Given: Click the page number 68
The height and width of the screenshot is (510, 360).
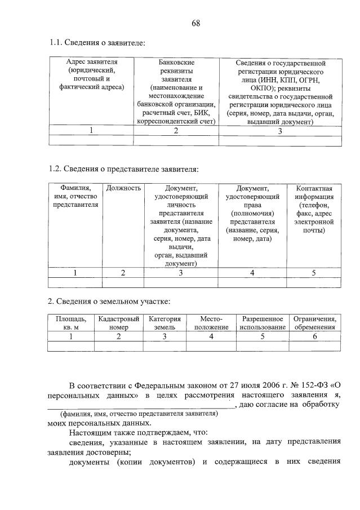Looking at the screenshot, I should pos(195,23).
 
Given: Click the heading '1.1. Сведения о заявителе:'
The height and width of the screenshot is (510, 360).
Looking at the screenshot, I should pos(97,43).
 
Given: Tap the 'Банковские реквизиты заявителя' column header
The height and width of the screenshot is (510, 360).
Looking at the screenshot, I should pos(176,91).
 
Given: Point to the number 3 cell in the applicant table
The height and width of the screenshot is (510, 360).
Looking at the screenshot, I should pos(280,131).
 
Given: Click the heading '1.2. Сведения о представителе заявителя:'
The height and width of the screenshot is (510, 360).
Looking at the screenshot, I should pos(123,168).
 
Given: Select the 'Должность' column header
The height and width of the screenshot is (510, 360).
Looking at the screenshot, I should pos(123,188).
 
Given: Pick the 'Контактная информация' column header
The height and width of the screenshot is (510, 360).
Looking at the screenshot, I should pos(314,209).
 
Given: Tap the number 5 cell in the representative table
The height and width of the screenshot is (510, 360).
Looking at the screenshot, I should pos(314,273).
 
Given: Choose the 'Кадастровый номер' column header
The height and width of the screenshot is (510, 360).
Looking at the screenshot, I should pos(118,322).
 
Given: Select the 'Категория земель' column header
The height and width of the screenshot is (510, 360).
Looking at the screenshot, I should pos(165,322).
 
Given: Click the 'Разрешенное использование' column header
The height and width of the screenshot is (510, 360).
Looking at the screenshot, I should pos(262,322).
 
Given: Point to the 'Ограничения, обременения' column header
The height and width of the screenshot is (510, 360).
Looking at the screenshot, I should pos(315,322).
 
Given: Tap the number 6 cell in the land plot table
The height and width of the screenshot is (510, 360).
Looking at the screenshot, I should pos(315,336).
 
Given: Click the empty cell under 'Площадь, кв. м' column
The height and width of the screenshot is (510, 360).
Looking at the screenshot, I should pos(71,347).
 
